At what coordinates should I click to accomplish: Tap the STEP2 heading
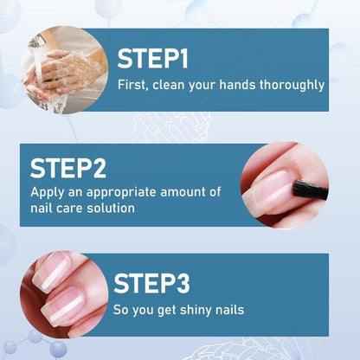tap(74, 168)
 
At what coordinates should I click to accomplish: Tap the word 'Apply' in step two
tap(48, 192)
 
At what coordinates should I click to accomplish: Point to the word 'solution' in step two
tap(109, 209)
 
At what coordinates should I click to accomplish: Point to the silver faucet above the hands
tap(37, 41)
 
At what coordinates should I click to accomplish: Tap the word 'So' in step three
tap(122, 309)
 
